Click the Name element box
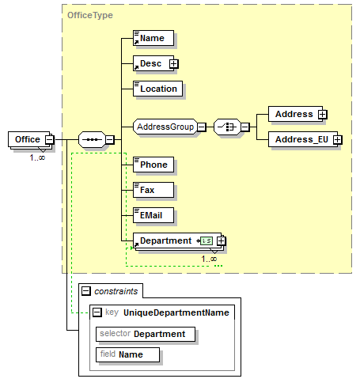coord(153,38)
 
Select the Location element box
coord(157,89)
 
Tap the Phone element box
coord(153,165)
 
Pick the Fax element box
coord(153,190)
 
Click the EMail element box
coord(153,215)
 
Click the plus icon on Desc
coord(173,63)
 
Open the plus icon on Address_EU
coord(338,139)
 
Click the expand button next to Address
coord(322,114)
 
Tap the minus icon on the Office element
coord(49,139)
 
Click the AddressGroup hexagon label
coord(165,127)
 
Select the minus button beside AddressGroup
coord(202,127)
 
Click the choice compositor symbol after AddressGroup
coord(227,127)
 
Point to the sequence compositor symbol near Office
coord(92,139)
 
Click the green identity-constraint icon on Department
coord(207,240)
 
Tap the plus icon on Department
coord(221,240)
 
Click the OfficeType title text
coord(90,15)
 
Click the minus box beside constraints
coord(86,291)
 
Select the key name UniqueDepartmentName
coord(176,312)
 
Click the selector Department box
coord(146,334)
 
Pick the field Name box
coord(127,354)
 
